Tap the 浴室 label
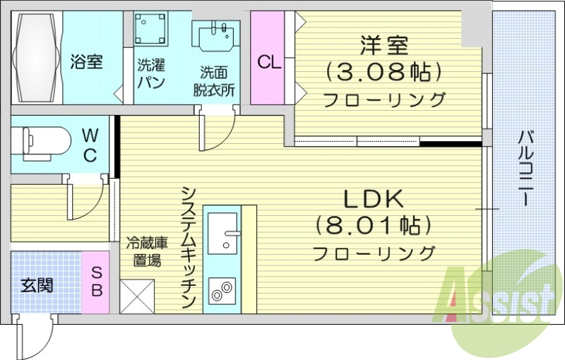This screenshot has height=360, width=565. (86, 62)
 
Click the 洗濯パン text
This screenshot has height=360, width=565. (151, 75)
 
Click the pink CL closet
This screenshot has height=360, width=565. (268, 62)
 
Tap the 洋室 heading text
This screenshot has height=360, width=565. (384, 47)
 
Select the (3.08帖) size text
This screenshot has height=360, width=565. (384, 72)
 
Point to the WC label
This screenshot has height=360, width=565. (90, 145)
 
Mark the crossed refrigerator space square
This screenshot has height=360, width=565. (137, 296)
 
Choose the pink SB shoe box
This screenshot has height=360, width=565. (97, 282)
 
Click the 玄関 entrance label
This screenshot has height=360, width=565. (37, 286)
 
